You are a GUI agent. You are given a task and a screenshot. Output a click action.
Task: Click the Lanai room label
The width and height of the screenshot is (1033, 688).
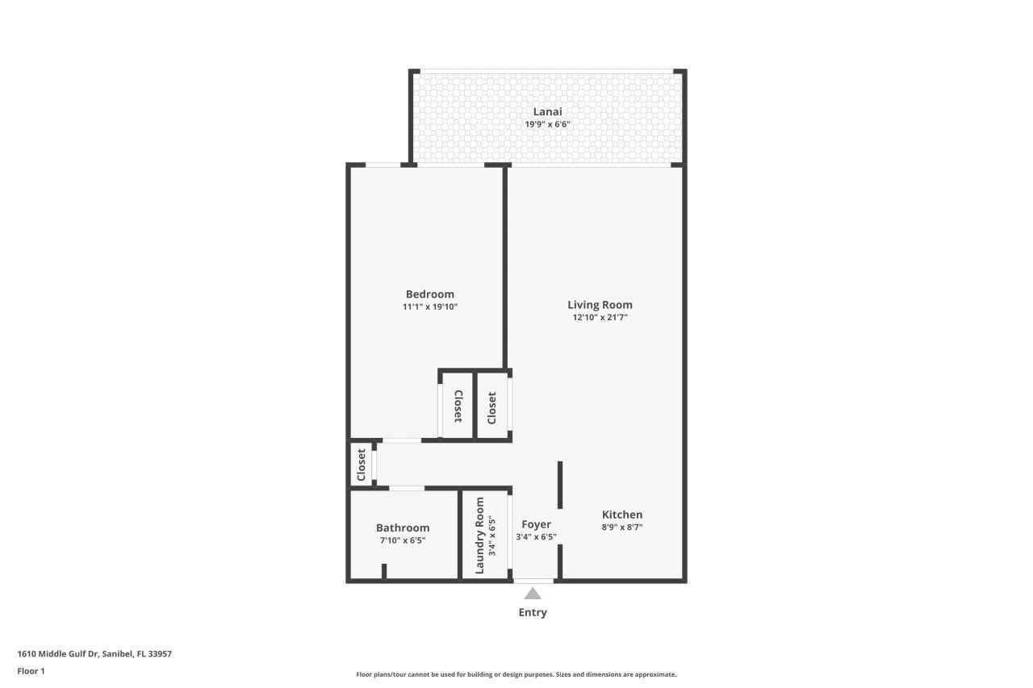(x=546, y=111)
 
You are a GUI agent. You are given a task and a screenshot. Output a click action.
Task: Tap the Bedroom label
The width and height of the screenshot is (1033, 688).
(x=429, y=294)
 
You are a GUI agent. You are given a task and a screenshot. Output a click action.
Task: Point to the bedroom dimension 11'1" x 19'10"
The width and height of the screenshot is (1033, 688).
(x=429, y=307)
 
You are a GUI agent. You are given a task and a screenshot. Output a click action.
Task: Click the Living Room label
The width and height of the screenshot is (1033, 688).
(x=600, y=305)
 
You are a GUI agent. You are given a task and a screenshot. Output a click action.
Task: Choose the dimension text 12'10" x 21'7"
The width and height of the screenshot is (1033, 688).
(x=600, y=318)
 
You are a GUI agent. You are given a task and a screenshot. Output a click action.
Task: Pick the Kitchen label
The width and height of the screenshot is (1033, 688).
(x=622, y=515)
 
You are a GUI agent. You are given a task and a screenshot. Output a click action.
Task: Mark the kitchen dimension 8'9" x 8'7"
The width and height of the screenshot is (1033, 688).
(x=622, y=527)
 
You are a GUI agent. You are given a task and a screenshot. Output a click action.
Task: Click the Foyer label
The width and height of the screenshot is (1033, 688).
(x=536, y=524)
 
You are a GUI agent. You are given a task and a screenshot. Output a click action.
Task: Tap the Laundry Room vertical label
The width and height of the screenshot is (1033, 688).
(x=479, y=536)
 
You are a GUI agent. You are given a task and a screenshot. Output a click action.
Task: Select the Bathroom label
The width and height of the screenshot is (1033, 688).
(x=403, y=527)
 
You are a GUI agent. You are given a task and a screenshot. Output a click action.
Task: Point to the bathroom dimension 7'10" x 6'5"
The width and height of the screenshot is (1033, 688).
(x=403, y=540)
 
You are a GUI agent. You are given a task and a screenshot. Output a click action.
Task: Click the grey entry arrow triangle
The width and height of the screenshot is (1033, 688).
(x=533, y=594)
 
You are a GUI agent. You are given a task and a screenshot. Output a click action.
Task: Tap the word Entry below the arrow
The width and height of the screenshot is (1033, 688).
(x=533, y=613)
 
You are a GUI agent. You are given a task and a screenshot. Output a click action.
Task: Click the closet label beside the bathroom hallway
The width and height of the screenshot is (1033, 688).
(x=362, y=465)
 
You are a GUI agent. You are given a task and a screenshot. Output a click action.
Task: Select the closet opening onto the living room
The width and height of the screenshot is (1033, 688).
(x=491, y=407)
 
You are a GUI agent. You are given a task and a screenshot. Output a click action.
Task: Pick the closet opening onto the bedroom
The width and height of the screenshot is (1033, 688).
(x=458, y=407)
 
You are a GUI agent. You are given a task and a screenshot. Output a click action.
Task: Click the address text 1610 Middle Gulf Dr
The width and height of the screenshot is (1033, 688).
(x=94, y=654)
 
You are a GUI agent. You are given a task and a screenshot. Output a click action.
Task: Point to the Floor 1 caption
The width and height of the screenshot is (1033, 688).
(x=31, y=671)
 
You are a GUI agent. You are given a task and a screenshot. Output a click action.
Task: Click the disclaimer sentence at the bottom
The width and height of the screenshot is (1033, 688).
(x=516, y=674)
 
